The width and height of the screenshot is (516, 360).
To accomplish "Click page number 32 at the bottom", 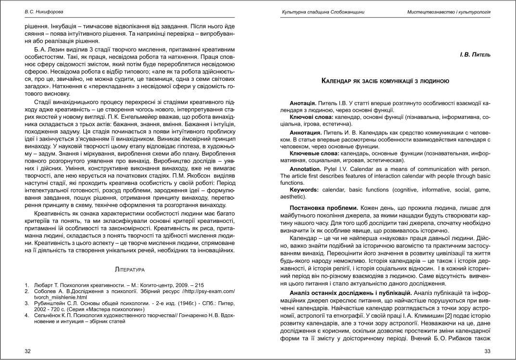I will coord(27,351).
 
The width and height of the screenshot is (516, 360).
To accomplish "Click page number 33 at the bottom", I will coord(487,351).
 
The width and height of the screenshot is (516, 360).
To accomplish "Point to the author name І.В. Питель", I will coord(475,56).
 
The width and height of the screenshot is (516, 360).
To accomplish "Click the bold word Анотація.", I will coord(303,103).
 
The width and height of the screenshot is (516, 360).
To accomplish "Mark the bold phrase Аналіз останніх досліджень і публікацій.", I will coord(350,293).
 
